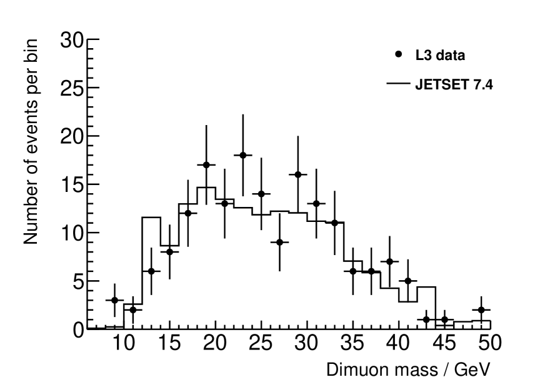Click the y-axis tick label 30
[72, 40]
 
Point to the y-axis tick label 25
[72, 88]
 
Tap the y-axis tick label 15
[72, 184]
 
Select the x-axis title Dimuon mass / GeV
[404, 369]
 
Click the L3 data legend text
[440, 56]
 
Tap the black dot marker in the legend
[399, 54]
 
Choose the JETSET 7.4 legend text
[454, 85]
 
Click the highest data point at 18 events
[242, 155]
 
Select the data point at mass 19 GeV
[206, 165]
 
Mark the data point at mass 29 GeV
[297, 174]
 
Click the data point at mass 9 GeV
[114, 300]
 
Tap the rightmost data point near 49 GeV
[481, 309]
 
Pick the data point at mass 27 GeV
[279, 242]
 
